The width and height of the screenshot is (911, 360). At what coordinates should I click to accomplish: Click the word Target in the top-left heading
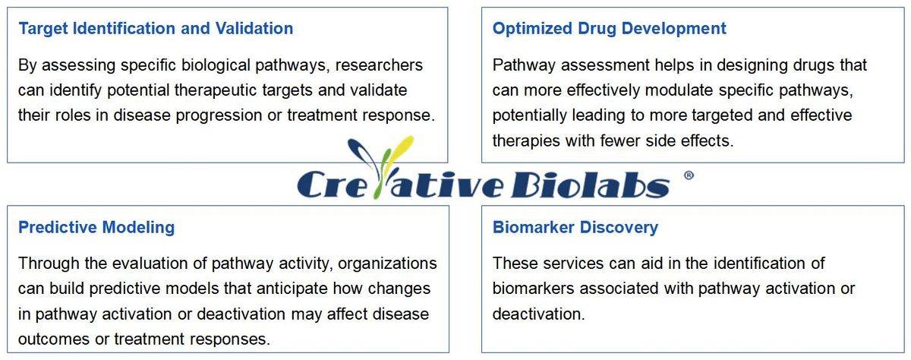point(43,29)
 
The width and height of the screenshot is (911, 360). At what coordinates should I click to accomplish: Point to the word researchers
point(379,65)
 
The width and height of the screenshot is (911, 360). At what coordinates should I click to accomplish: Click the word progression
point(219,116)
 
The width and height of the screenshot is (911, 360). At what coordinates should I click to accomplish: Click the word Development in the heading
point(674,28)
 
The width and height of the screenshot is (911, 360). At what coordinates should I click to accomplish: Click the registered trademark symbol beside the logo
point(689,175)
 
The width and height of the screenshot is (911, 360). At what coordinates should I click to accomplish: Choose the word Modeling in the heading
point(138,227)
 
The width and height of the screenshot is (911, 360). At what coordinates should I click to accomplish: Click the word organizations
point(387,264)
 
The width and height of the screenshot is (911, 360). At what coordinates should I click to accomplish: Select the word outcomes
point(54,339)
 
